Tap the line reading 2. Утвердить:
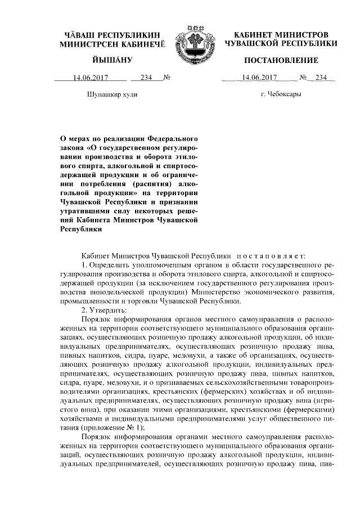coord(104,310)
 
